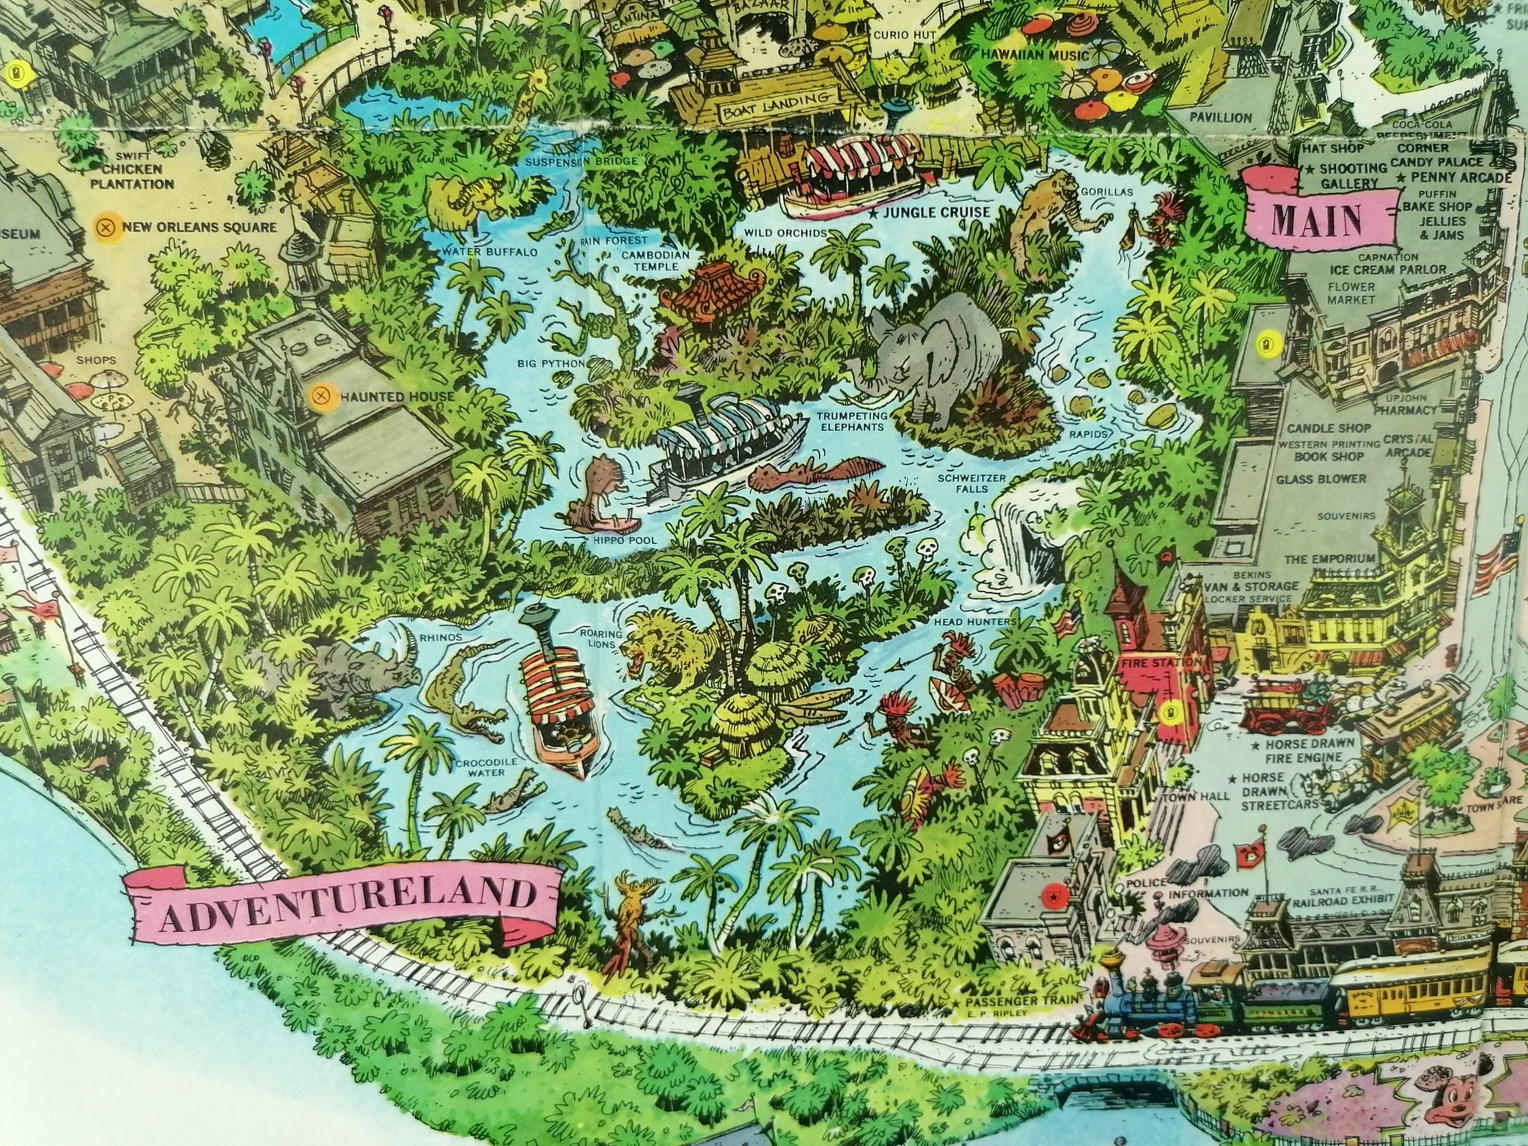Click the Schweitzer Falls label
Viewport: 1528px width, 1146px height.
962,483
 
